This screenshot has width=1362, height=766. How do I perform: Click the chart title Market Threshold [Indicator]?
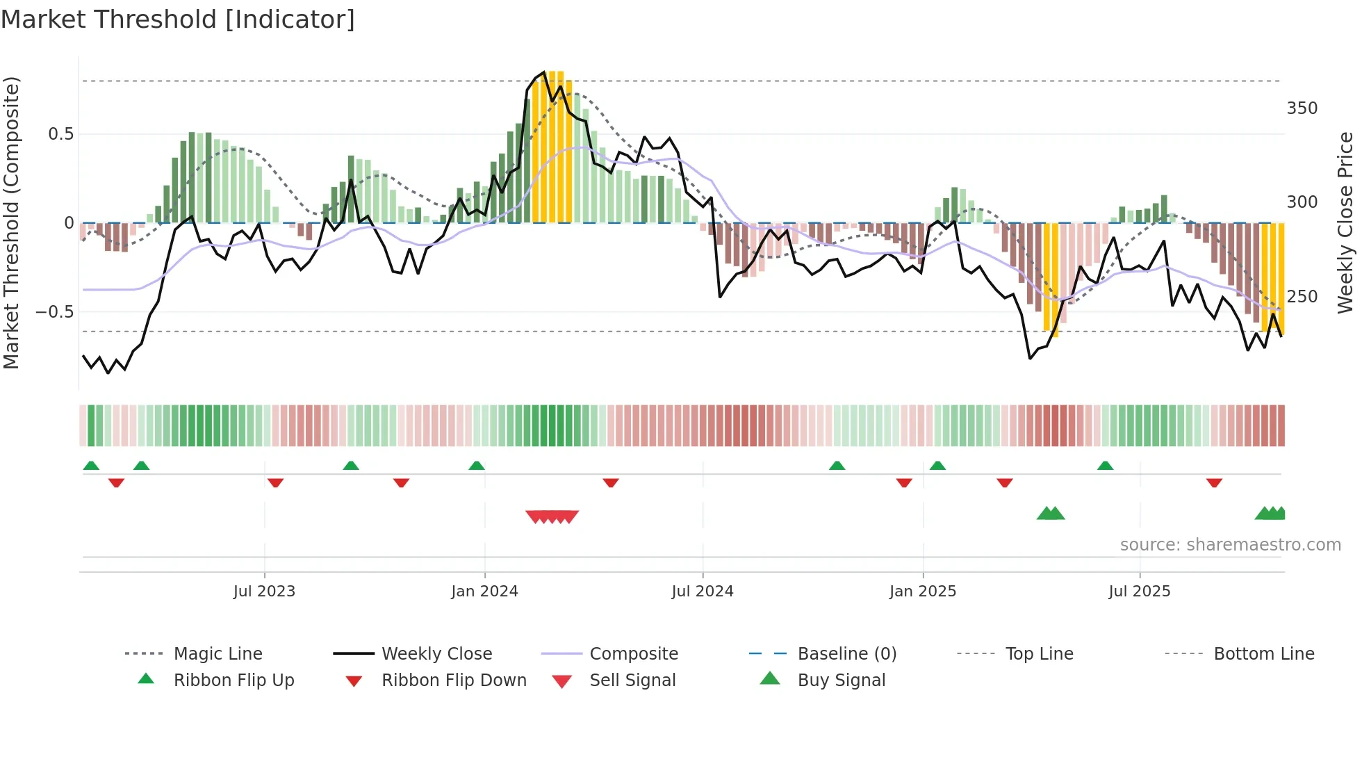click(178, 19)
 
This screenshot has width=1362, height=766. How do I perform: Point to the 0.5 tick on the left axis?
click(61, 134)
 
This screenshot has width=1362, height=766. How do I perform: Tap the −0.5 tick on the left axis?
click(55, 312)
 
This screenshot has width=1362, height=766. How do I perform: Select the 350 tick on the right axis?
click(1302, 108)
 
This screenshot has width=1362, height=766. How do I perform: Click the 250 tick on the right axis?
click(1302, 297)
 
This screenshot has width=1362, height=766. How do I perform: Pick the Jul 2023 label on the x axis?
click(264, 592)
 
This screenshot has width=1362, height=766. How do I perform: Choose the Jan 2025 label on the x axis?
click(922, 592)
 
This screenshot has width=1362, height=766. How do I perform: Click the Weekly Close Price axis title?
click(1345, 222)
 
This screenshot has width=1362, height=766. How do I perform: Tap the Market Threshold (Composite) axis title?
click(12, 222)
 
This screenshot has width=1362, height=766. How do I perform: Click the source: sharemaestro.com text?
click(1230, 545)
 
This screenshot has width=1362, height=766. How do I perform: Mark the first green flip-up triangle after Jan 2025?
click(937, 466)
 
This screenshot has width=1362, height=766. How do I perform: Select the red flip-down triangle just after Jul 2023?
click(275, 482)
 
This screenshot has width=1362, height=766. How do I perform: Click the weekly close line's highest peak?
click(543, 73)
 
